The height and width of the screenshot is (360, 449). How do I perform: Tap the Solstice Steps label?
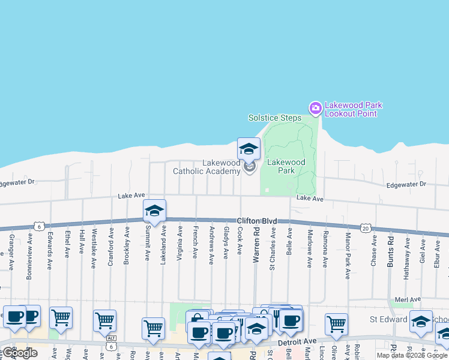tap(275, 118)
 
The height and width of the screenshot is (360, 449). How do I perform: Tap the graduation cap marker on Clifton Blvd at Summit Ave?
tap(154, 211)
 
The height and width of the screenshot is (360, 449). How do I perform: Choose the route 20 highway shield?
tap(365, 227)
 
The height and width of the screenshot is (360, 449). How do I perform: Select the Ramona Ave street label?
tap(325, 248)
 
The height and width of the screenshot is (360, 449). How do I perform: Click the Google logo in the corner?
tap(20, 353)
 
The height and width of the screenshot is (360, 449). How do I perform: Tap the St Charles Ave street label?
tap(273, 248)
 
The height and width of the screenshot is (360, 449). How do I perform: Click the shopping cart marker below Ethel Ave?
tap(61, 318)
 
